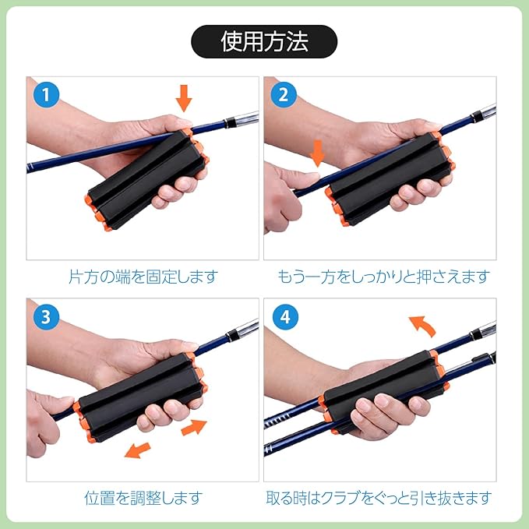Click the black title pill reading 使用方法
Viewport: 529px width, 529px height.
264,41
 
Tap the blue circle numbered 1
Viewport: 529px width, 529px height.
47,95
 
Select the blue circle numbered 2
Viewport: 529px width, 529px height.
284,95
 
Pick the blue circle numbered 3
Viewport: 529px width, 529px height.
47,317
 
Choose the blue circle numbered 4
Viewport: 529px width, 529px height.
285,317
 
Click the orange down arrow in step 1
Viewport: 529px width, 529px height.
184,98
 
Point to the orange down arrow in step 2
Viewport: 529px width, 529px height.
317,153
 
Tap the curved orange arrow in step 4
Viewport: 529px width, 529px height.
422,325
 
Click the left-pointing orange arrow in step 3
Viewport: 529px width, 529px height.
138,450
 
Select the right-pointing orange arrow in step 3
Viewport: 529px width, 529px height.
194,427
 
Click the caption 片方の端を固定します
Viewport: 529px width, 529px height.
143,277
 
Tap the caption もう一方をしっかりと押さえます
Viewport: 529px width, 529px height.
383,277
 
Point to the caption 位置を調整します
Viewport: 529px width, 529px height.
143,498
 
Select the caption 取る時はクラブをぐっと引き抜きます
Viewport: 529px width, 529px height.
379,498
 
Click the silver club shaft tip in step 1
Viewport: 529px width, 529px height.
247,118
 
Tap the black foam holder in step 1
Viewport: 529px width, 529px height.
146,179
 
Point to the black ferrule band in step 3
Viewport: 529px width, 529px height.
232,334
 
